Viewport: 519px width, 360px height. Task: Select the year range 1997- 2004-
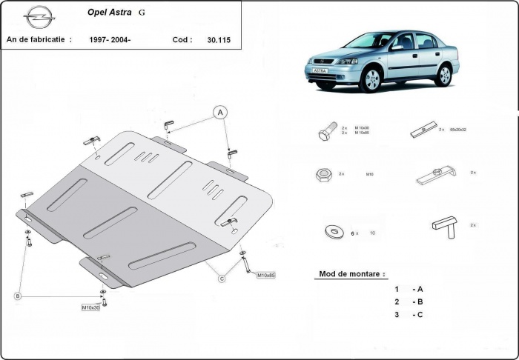pyautogui.click(x=110, y=40)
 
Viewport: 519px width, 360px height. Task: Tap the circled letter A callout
pyautogui.click(x=220, y=113)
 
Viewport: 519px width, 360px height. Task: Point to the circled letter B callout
pyautogui.click(x=17, y=296)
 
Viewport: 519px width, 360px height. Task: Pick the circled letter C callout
pyautogui.click(x=221, y=279)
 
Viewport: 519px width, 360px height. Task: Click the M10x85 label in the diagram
pyautogui.click(x=265, y=276)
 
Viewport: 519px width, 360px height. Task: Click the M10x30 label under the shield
pyautogui.click(x=92, y=307)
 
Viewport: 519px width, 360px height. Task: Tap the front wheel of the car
pyautogui.click(x=370, y=80)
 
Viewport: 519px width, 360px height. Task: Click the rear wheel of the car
pyautogui.click(x=444, y=74)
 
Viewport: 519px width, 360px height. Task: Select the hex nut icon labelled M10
pyautogui.click(x=324, y=175)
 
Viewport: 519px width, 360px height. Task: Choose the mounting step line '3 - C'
pyautogui.click(x=409, y=315)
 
